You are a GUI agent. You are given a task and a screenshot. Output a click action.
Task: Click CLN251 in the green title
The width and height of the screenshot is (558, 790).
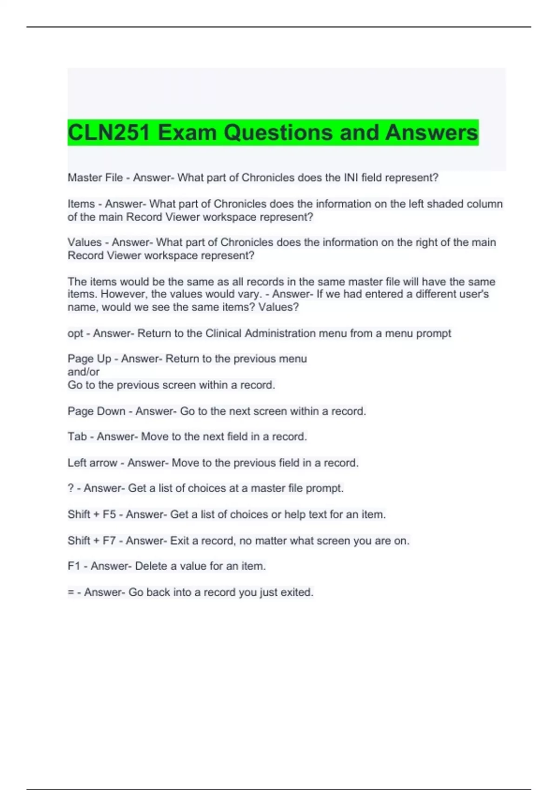tap(109, 132)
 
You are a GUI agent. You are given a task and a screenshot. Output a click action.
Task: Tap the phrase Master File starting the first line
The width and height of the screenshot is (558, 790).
tap(95, 178)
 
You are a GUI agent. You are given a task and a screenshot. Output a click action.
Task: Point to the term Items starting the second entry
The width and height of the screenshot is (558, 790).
tap(81, 204)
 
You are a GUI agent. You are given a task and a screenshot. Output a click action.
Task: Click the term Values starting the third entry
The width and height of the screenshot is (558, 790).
tap(84, 242)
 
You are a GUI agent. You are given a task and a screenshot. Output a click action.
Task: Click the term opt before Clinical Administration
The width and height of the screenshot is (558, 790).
tap(75, 333)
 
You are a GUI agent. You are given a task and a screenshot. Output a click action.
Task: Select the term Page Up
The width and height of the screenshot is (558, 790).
tap(89, 359)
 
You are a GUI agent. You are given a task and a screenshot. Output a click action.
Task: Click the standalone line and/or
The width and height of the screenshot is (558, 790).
tap(83, 372)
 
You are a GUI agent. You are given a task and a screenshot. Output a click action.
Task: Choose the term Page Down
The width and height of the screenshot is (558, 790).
tap(96, 411)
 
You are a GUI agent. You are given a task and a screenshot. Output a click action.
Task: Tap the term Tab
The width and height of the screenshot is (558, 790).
tap(77, 436)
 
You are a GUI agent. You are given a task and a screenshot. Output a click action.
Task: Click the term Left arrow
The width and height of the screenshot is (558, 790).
tap(92, 463)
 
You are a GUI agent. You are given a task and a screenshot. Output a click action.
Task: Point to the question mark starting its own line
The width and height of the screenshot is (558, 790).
tap(70, 488)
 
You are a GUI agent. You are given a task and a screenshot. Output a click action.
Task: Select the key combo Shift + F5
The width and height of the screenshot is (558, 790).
tap(92, 514)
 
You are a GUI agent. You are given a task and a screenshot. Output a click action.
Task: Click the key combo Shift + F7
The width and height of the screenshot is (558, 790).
tap(92, 540)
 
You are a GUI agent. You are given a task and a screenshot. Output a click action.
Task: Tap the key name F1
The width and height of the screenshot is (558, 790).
tap(74, 566)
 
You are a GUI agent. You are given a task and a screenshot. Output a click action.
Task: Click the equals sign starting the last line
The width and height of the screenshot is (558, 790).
tap(71, 592)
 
